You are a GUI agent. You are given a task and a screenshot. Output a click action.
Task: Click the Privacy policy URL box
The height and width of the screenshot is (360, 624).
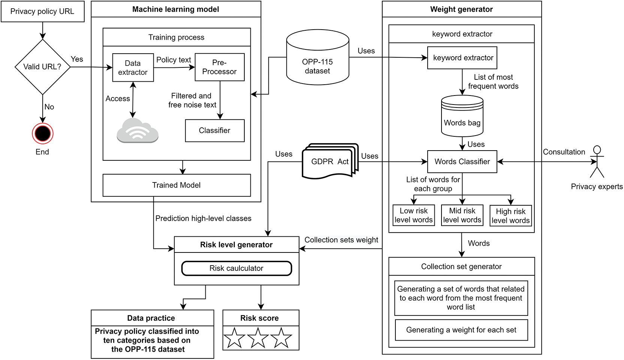click(42, 12)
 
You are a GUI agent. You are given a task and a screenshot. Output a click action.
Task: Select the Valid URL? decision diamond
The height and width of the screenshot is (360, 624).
click(42, 67)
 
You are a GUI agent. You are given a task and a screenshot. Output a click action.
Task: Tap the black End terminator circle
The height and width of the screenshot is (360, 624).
click(42, 133)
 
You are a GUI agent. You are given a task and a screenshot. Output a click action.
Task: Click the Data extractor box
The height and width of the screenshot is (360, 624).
click(133, 68)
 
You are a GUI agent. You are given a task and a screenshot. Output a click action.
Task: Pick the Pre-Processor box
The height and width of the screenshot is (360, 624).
click(220, 67)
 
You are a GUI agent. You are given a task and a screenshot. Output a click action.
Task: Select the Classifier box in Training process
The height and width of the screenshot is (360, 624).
click(215, 131)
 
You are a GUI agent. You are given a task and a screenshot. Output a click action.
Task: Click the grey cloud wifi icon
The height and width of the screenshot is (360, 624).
click(138, 131)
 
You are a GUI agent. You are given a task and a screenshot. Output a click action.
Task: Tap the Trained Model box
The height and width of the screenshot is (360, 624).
click(177, 185)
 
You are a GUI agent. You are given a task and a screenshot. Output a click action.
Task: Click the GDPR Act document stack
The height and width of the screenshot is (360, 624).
click(330, 161)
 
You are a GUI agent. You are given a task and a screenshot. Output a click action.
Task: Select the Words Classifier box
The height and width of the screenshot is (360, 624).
click(462, 162)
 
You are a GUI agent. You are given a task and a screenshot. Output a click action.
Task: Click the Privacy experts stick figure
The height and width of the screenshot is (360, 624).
click(597, 162)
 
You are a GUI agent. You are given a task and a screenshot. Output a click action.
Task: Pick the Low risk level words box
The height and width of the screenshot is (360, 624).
click(414, 215)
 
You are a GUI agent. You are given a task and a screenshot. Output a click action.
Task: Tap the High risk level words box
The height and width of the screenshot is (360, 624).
click(510, 216)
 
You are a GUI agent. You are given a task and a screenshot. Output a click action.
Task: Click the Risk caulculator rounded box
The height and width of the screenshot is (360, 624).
click(236, 268)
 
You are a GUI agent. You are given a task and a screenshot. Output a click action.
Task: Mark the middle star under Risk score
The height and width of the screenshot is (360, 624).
click(258, 338)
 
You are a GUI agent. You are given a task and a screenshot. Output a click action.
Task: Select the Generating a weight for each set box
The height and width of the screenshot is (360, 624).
click(461, 330)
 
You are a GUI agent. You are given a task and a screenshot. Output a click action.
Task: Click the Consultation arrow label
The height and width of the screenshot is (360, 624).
click(564, 152)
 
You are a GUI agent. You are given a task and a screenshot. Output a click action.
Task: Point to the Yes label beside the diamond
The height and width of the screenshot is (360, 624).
click(77, 59)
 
